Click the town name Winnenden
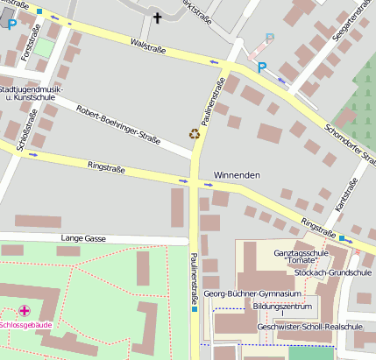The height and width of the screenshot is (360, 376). point(238,176)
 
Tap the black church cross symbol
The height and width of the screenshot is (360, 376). point(158,17)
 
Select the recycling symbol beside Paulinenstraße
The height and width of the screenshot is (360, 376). point(195,134)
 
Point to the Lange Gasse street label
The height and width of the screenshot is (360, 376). point(83,238)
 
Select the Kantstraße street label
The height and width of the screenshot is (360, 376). point(348,194)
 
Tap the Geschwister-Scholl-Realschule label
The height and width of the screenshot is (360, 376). point(309,327)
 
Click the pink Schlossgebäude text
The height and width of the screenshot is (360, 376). point(26,325)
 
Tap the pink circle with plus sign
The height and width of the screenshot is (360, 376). point(25,310)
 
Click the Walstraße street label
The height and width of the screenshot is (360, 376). point(147,42)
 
